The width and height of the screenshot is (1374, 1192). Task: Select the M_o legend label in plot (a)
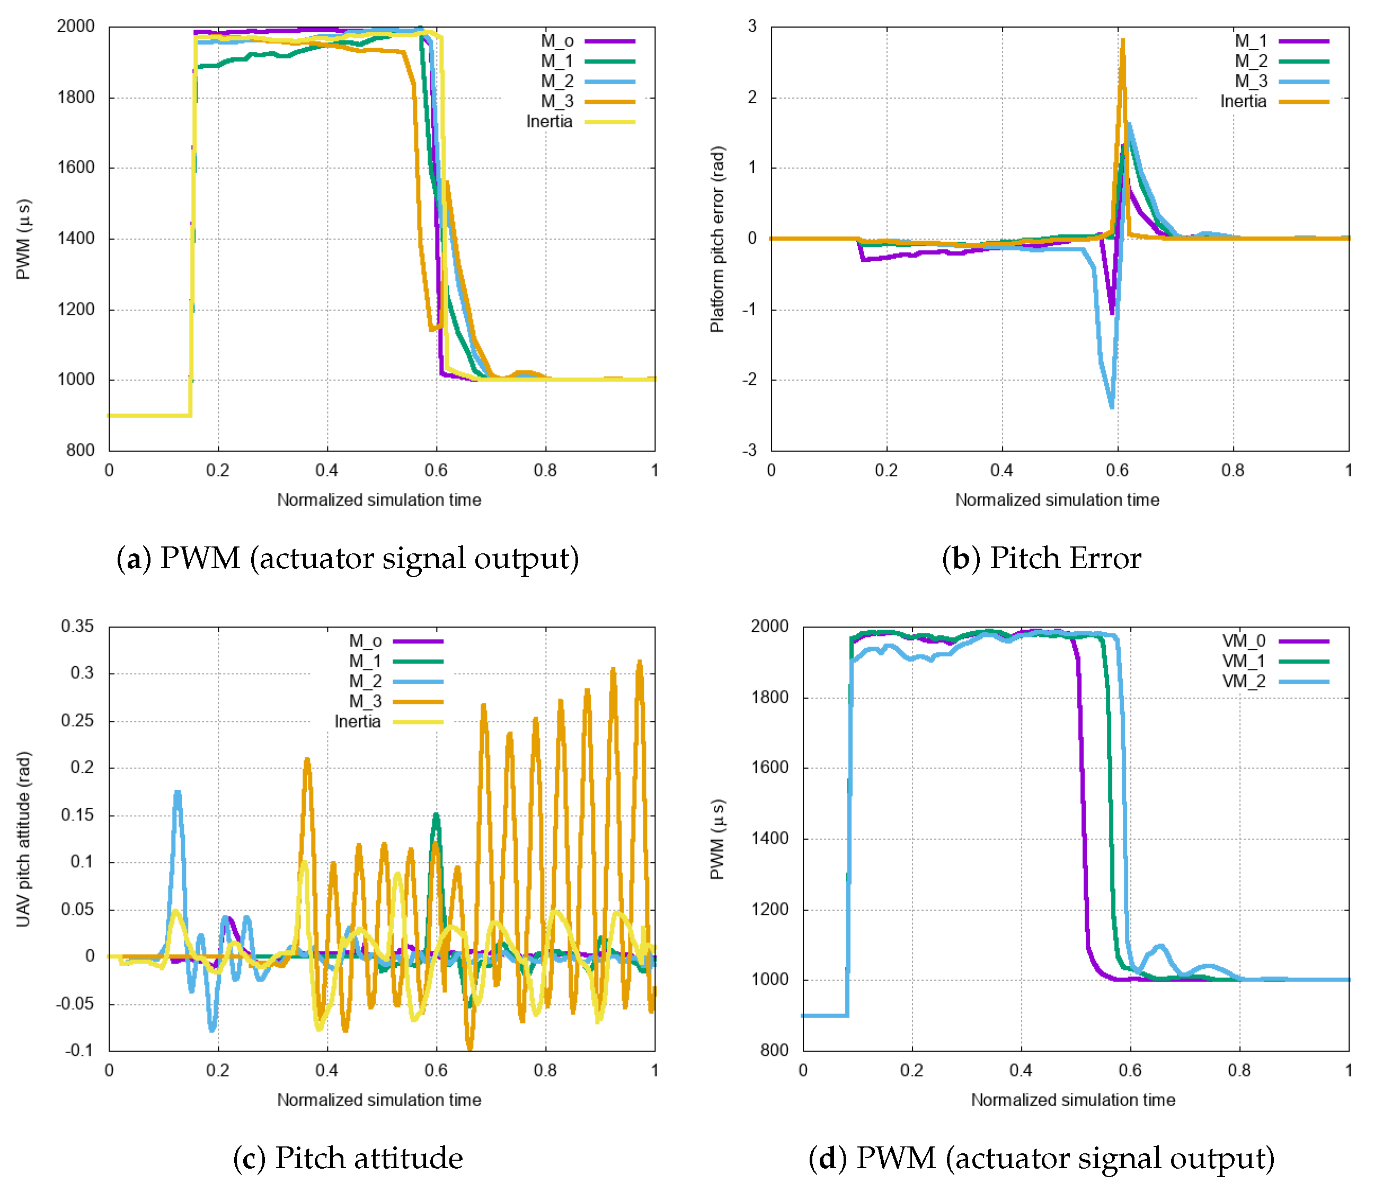click(x=557, y=41)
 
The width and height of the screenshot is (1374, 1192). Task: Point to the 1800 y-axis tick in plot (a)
click(x=75, y=97)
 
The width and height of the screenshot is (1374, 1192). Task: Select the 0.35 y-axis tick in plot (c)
click(x=77, y=626)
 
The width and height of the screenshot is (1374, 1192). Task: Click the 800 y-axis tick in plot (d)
click(x=774, y=1050)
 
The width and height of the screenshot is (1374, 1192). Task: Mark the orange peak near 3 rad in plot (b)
click(x=1123, y=41)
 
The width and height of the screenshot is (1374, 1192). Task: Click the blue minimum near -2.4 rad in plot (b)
click(x=1112, y=407)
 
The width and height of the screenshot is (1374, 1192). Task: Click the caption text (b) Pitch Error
click(x=1041, y=558)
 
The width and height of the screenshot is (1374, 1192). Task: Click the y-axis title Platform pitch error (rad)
click(x=717, y=239)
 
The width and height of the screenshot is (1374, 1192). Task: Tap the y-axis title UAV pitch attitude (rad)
click(x=23, y=839)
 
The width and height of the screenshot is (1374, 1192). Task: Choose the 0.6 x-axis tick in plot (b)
click(x=1118, y=470)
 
